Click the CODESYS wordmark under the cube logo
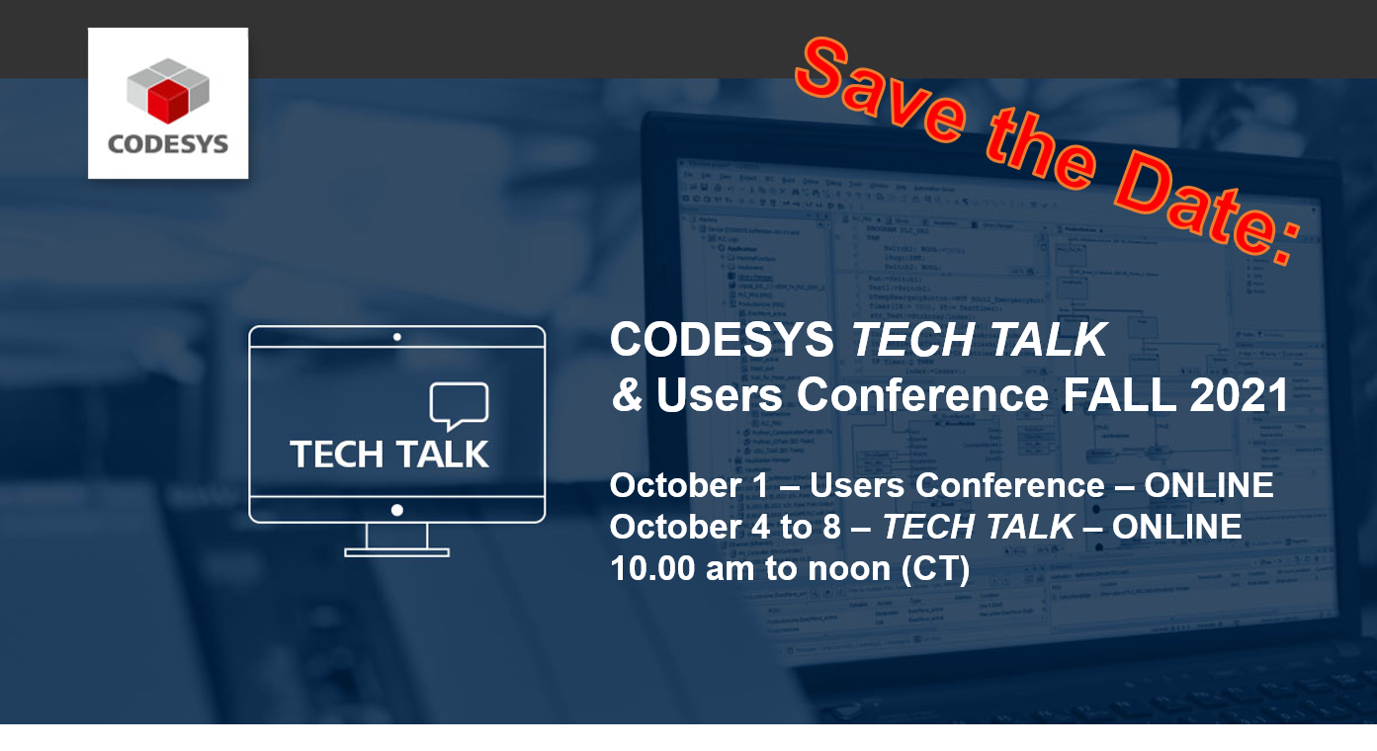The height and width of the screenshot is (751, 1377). pyautogui.click(x=167, y=144)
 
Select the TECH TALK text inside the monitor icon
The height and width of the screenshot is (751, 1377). pyautogui.click(x=389, y=454)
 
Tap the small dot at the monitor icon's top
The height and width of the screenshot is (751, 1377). pyautogui.click(x=396, y=337)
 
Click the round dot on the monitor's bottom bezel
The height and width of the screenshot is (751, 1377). pyautogui.click(x=396, y=510)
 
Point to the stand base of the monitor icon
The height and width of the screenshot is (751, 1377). pyautogui.click(x=396, y=551)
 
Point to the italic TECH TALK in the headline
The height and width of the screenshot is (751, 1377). pyautogui.click(x=979, y=340)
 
